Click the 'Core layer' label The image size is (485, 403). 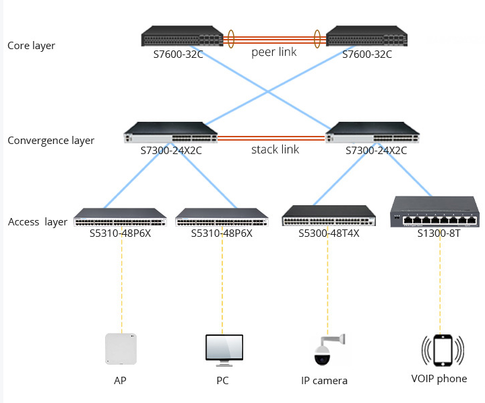(31, 46)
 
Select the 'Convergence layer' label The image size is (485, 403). (51, 141)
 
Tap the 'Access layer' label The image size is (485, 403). (38, 222)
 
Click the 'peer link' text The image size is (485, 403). (273, 52)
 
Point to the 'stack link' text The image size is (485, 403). (275, 149)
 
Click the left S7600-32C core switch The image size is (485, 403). (181, 37)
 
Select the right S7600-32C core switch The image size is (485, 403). (366, 37)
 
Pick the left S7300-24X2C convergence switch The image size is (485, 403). (170, 133)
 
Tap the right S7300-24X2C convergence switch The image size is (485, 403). (375, 133)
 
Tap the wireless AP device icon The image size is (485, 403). (121, 349)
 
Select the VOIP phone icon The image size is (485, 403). (443, 351)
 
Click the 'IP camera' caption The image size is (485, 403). (324, 381)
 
